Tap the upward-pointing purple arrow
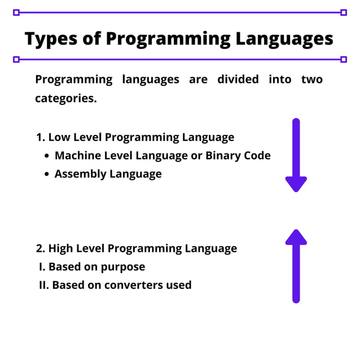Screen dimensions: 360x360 point(296,265)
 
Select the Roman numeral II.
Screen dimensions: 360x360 point(43,285)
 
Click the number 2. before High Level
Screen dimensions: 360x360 point(40,248)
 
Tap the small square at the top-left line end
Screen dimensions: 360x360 point(16,12)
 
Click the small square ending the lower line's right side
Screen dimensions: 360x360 point(344,59)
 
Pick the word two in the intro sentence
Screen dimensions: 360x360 point(312,79)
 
